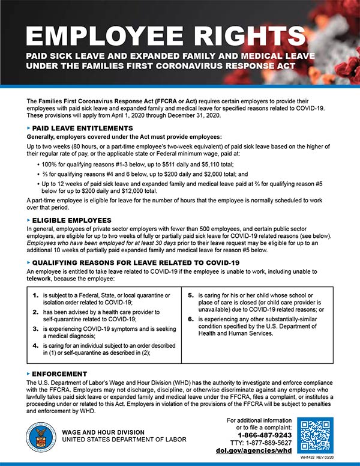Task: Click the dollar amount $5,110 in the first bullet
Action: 179,165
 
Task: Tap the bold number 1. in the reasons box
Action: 35,295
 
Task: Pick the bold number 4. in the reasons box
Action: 35,346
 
